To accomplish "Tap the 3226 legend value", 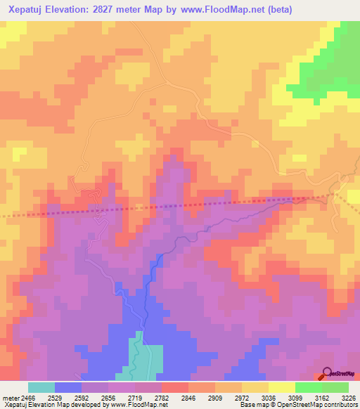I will click(349, 397).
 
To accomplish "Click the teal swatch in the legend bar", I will click(41, 387).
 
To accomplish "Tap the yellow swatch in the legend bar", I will click(281, 387).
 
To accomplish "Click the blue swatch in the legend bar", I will click(68, 387).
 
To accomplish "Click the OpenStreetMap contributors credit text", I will click(309, 405).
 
